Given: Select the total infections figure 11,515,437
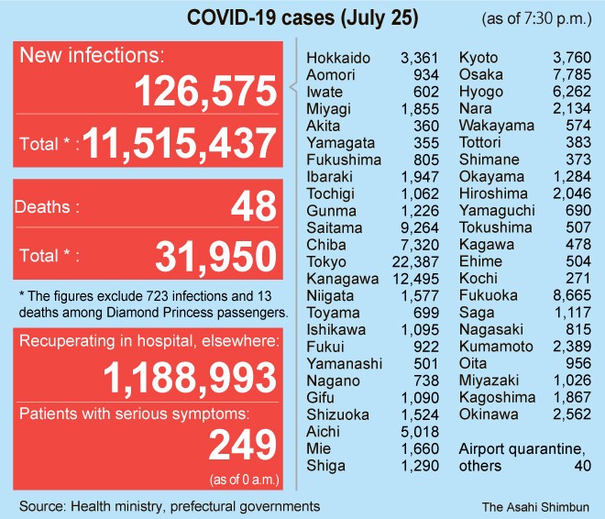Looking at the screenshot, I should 181,144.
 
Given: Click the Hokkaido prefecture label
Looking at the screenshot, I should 338,59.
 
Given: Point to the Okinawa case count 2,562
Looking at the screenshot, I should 570,414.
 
